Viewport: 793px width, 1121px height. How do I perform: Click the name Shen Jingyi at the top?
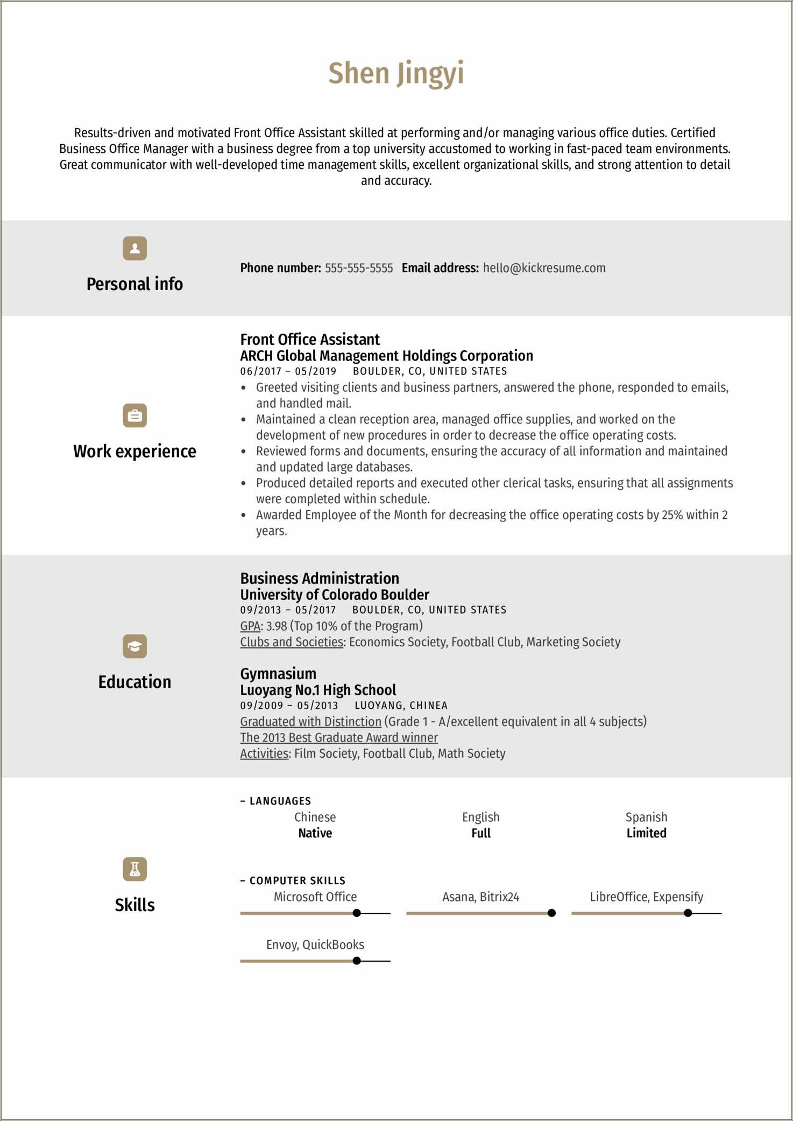396,74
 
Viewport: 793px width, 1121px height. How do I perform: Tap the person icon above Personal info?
134,248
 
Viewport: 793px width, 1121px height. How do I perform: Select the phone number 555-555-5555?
359,268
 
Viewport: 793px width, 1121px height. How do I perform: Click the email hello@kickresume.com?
544,268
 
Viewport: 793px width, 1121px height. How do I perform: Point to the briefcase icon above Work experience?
134,415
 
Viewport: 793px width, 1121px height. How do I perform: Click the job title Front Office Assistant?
310,340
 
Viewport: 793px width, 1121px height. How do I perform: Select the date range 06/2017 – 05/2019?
288,371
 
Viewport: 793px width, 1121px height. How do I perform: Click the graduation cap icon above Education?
134,646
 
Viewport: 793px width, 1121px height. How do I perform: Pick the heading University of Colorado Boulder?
334,595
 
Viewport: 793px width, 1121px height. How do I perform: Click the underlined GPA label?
250,626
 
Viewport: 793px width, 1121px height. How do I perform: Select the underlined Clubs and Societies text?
292,642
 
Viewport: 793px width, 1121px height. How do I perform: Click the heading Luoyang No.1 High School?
317,690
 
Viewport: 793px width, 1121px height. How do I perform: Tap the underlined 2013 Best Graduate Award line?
339,738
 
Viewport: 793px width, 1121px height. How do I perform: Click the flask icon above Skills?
134,869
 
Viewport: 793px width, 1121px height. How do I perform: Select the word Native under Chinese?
315,833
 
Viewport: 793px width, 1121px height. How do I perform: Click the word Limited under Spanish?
646,833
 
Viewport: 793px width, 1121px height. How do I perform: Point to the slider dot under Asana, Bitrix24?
551,913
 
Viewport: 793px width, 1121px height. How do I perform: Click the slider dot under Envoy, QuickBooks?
357,961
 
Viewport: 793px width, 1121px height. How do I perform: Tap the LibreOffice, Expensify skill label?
646,897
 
